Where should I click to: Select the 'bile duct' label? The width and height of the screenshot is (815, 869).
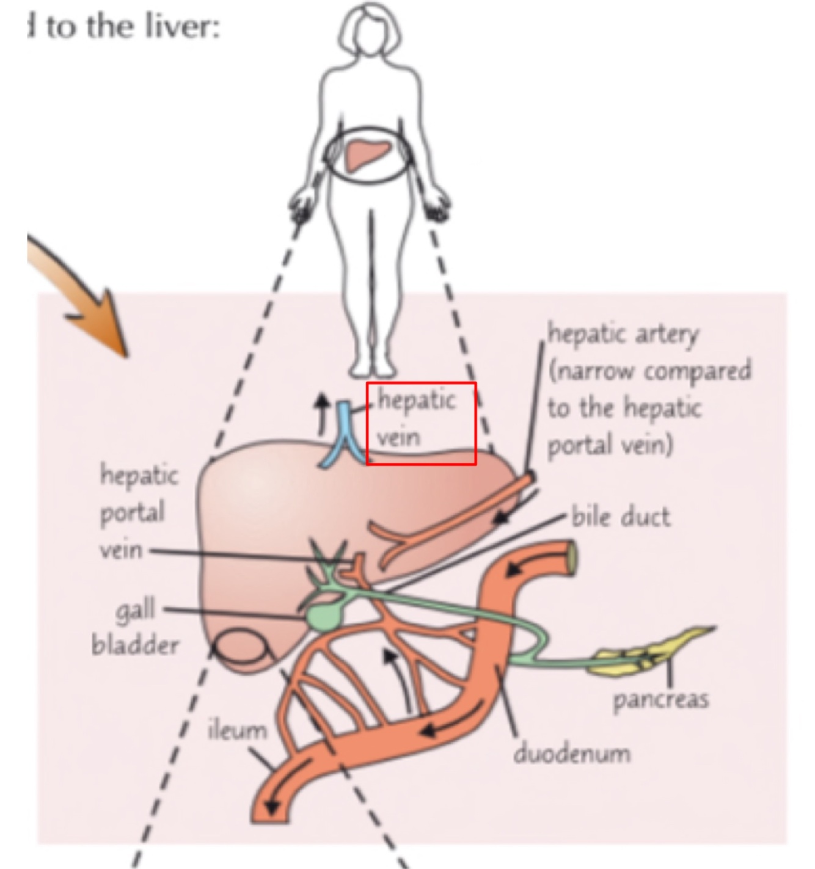(x=621, y=517)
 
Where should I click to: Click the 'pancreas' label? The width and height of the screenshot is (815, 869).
(x=661, y=699)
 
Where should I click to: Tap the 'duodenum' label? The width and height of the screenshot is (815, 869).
(x=572, y=754)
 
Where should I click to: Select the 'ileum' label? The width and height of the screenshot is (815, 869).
(x=238, y=730)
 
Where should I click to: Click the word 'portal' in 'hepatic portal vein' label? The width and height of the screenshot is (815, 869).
(x=133, y=512)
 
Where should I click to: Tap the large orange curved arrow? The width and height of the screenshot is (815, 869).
(x=86, y=293)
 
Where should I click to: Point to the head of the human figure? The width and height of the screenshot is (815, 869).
(x=370, y=31)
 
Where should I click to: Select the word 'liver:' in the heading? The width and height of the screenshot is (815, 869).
(x=186, y=27)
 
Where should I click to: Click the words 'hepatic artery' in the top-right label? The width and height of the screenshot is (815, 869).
(x=622, y=334)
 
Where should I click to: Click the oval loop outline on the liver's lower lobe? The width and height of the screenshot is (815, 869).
(x=242, y=647)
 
